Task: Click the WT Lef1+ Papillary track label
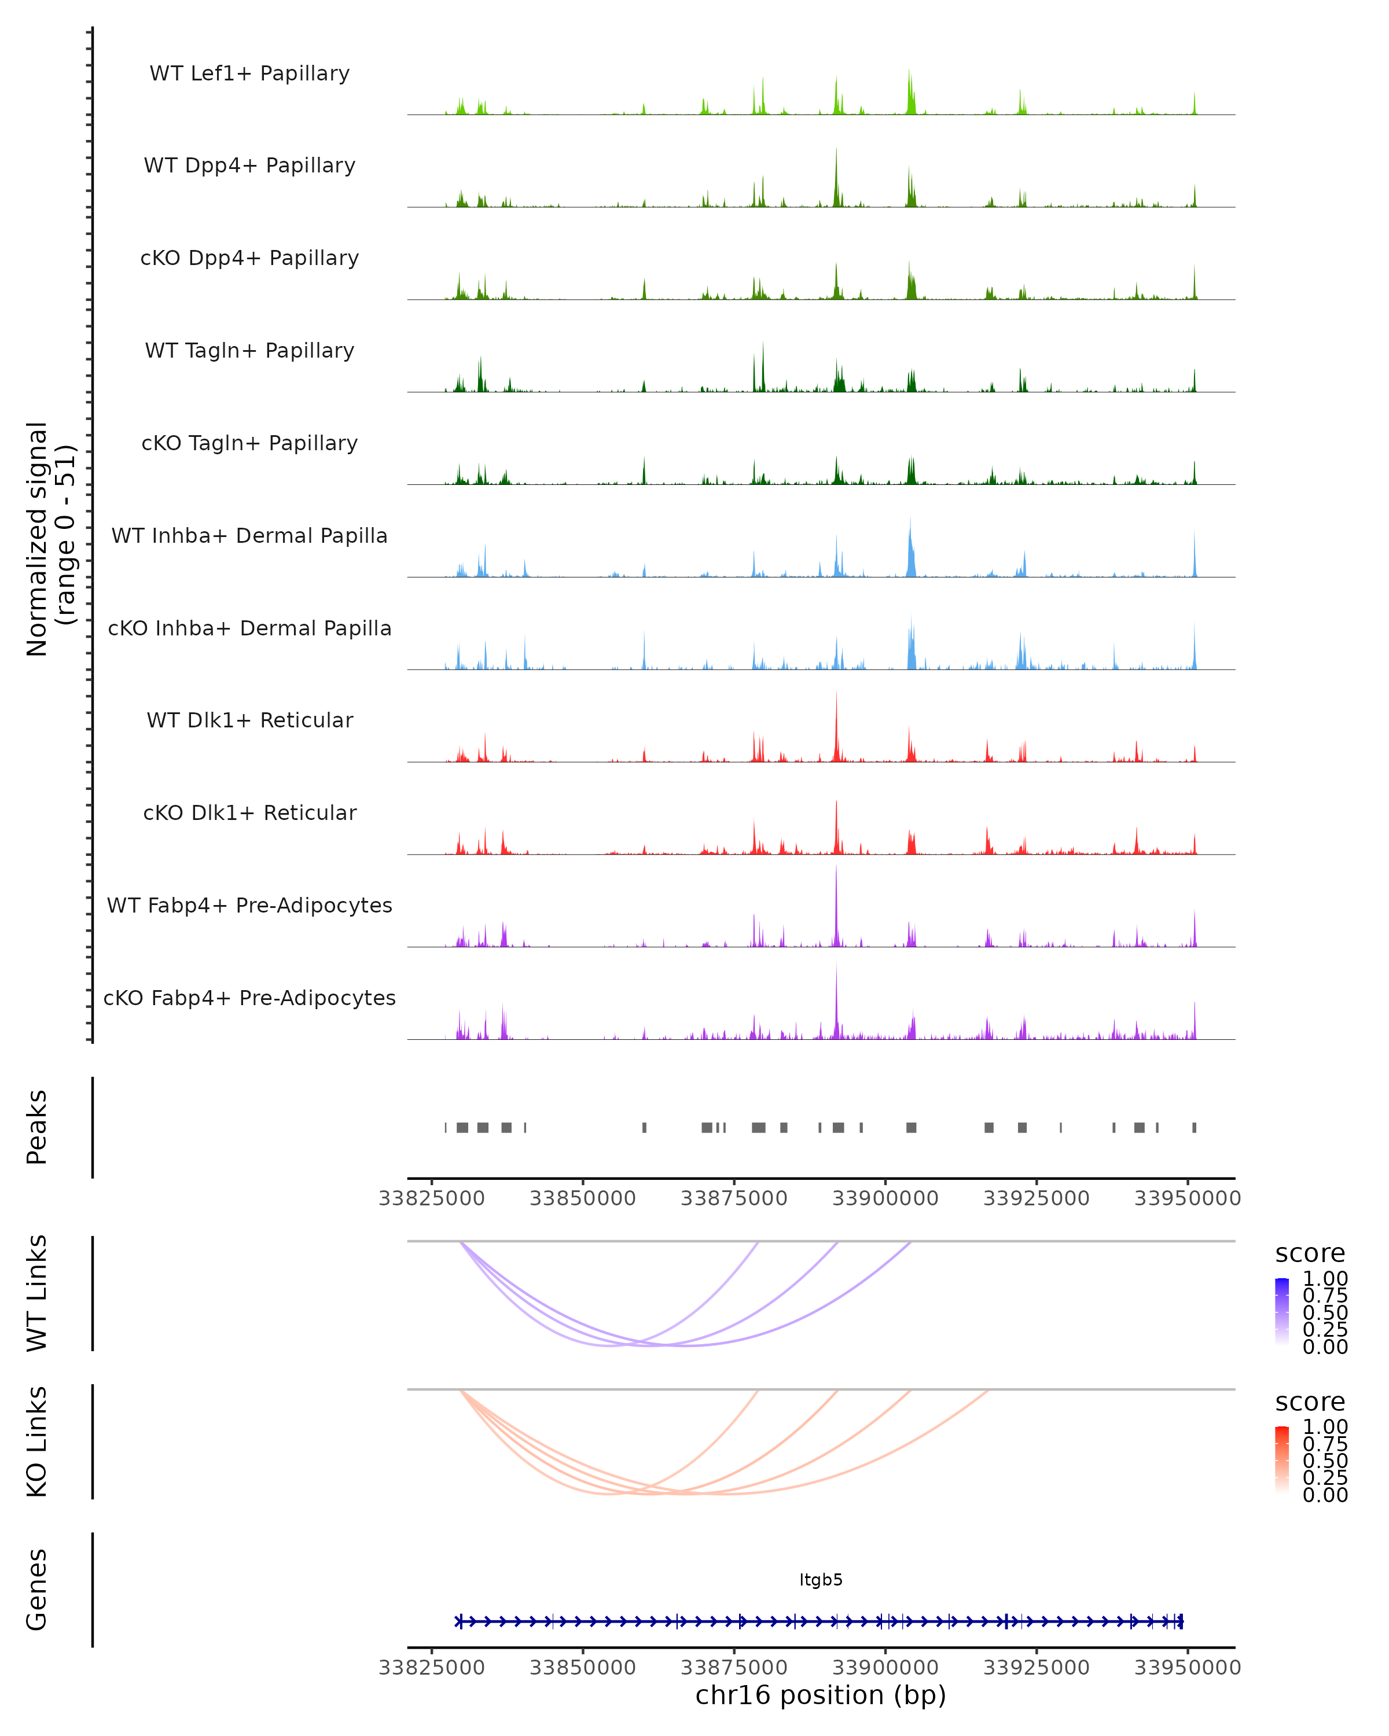coord(249,73)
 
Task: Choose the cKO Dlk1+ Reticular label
coord(249,813)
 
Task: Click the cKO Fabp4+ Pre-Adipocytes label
coord(249,998)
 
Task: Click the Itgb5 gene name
coord(821,1580)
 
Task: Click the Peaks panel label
coord(37,1127)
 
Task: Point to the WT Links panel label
coord(37,1293)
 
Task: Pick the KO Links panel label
coord(37,1442)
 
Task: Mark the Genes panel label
coord(37,1590)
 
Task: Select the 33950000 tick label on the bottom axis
coord(1187,1668)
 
